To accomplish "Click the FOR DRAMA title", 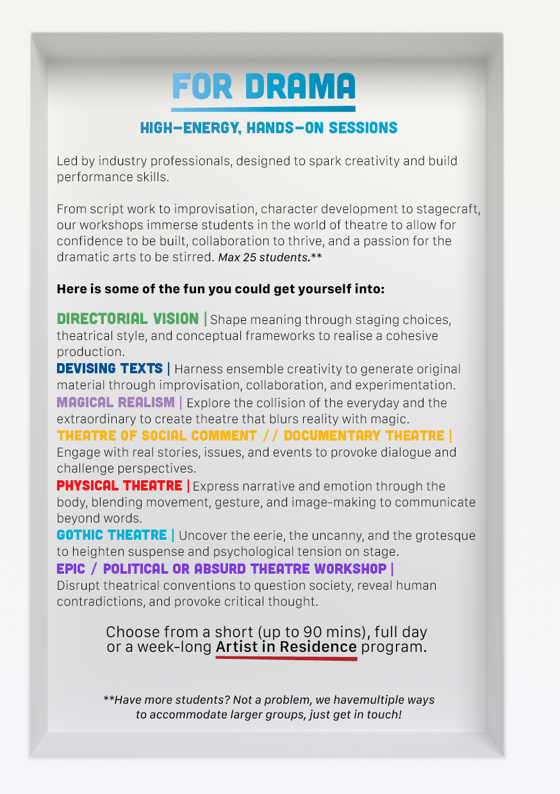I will point(263,86).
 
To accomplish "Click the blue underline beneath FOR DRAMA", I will point(263,109).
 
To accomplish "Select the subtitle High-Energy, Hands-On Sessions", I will point(268,128).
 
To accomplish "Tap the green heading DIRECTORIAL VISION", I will point(128,319).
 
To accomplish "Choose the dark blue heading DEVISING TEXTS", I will point(110,369).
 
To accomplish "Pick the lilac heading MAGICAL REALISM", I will point(115,403).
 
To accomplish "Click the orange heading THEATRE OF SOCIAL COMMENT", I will point(157,436).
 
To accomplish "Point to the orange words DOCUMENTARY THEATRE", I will point(364,436).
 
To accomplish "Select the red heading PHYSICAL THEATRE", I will point(119,486).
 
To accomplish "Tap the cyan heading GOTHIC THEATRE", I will point(112,535).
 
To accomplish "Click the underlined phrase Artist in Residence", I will point(286,647).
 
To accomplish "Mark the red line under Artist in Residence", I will point(286,658).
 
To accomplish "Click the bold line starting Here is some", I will point(220,289).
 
